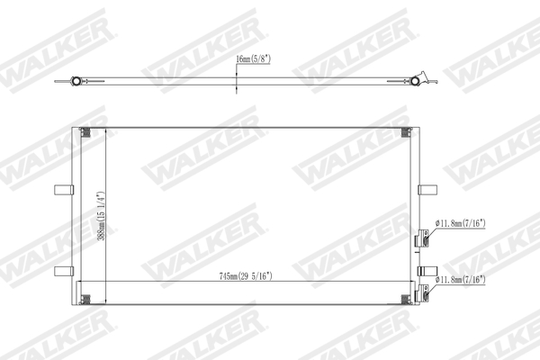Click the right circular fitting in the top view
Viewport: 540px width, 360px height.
pos(416,82)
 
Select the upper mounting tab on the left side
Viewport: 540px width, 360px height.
pos(62,190)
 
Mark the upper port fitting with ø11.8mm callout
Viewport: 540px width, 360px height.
pos(421,241)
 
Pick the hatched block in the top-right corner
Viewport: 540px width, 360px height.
pos(406,133)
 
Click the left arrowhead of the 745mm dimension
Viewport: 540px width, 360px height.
pos(82,284)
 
